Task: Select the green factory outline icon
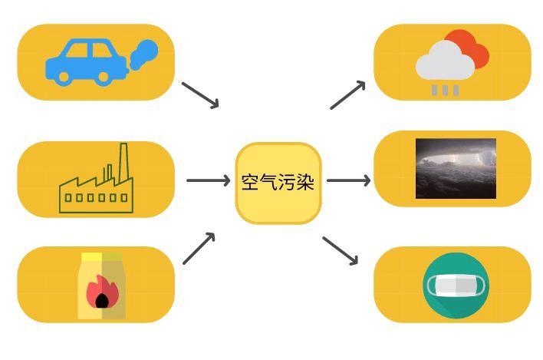pyautogui.click(x=97, y=184)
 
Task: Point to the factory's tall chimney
pyautogui.click(x=122, y=162)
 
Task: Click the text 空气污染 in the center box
pyautogui.click(x=278, y=183)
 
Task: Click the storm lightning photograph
pyautogui.click(x=456, y=168)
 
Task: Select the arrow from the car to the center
pyautogui.click(x=200, y=94)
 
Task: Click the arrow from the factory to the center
pyautogui.click(x=208, y=181)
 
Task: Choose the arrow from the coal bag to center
pyautogui.click(x=199, y=249)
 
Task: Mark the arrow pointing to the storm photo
pyautogui.click(x=348, y=181)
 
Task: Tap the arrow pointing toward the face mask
pyautogui.click(x=341, y=250)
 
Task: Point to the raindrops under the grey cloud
pyautogui.click(x=445, y=91)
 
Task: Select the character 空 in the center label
pyautogui.click(x=249, y=183)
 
